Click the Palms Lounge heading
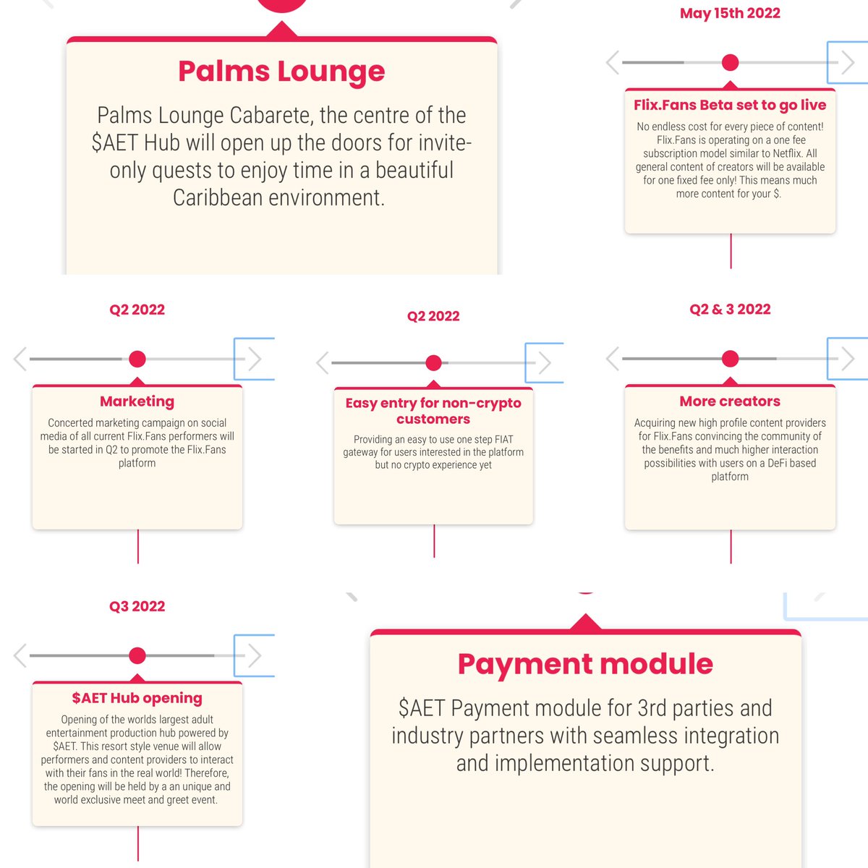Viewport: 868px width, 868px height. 281,72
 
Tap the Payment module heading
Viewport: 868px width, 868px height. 585,664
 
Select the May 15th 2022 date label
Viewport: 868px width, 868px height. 730,13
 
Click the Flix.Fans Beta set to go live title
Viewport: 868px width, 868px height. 730,105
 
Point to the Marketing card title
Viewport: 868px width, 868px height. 137,401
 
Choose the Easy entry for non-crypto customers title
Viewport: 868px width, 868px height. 433,411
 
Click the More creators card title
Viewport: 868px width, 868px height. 730,401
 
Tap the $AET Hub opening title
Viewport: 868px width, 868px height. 137,698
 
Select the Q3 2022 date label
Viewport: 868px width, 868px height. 137,606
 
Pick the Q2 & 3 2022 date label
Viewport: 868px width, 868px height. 730,310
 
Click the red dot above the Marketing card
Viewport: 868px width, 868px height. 137,359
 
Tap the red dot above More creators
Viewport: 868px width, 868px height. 731,358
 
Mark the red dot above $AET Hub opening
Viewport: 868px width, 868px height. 137,655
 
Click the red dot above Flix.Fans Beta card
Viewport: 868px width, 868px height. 731,62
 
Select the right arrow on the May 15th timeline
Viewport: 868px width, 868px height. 847,62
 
